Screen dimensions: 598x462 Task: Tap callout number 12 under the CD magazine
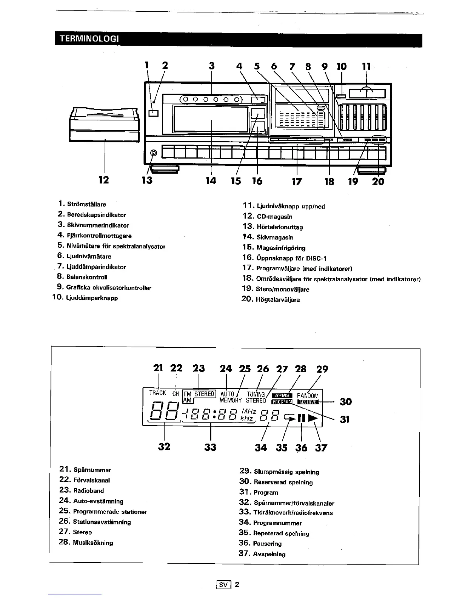103,180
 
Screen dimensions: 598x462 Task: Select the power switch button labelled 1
153,113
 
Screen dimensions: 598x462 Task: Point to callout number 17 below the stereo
297,181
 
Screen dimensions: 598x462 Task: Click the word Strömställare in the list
86,204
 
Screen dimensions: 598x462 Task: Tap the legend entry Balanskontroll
87,277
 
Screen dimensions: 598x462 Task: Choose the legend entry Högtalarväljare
278,300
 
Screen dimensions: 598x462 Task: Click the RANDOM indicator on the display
308,396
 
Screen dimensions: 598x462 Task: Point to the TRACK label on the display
158,393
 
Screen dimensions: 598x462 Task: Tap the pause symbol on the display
301,418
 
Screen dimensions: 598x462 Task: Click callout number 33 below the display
210,447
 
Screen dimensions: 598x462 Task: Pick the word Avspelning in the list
269,554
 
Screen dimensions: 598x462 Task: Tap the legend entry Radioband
88,491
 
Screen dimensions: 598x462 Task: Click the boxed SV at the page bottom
224,585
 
